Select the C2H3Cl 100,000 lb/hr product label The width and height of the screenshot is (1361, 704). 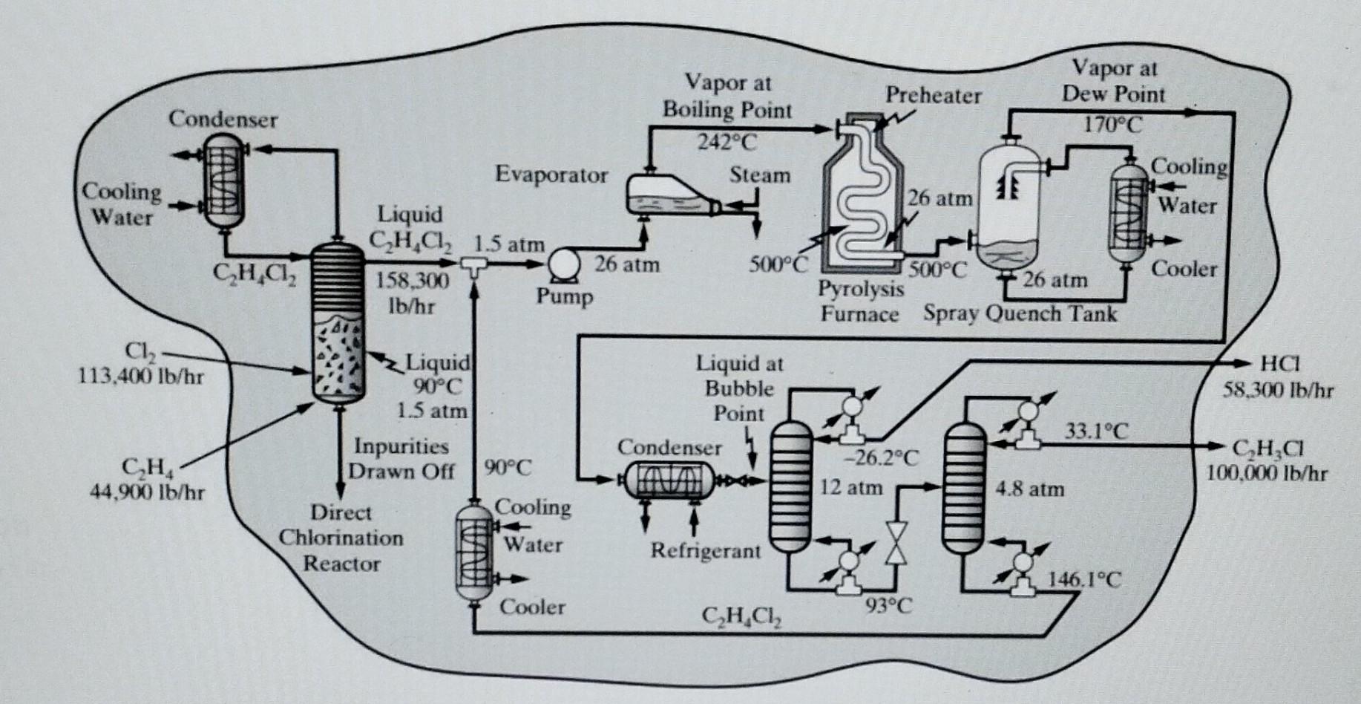pos(1267,460)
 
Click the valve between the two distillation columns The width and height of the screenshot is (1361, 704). pos(897,542)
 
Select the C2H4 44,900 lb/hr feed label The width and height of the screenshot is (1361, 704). pos(147,479)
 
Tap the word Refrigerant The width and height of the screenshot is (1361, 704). pos(706,551)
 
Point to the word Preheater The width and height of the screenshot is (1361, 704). pos(933,95)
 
